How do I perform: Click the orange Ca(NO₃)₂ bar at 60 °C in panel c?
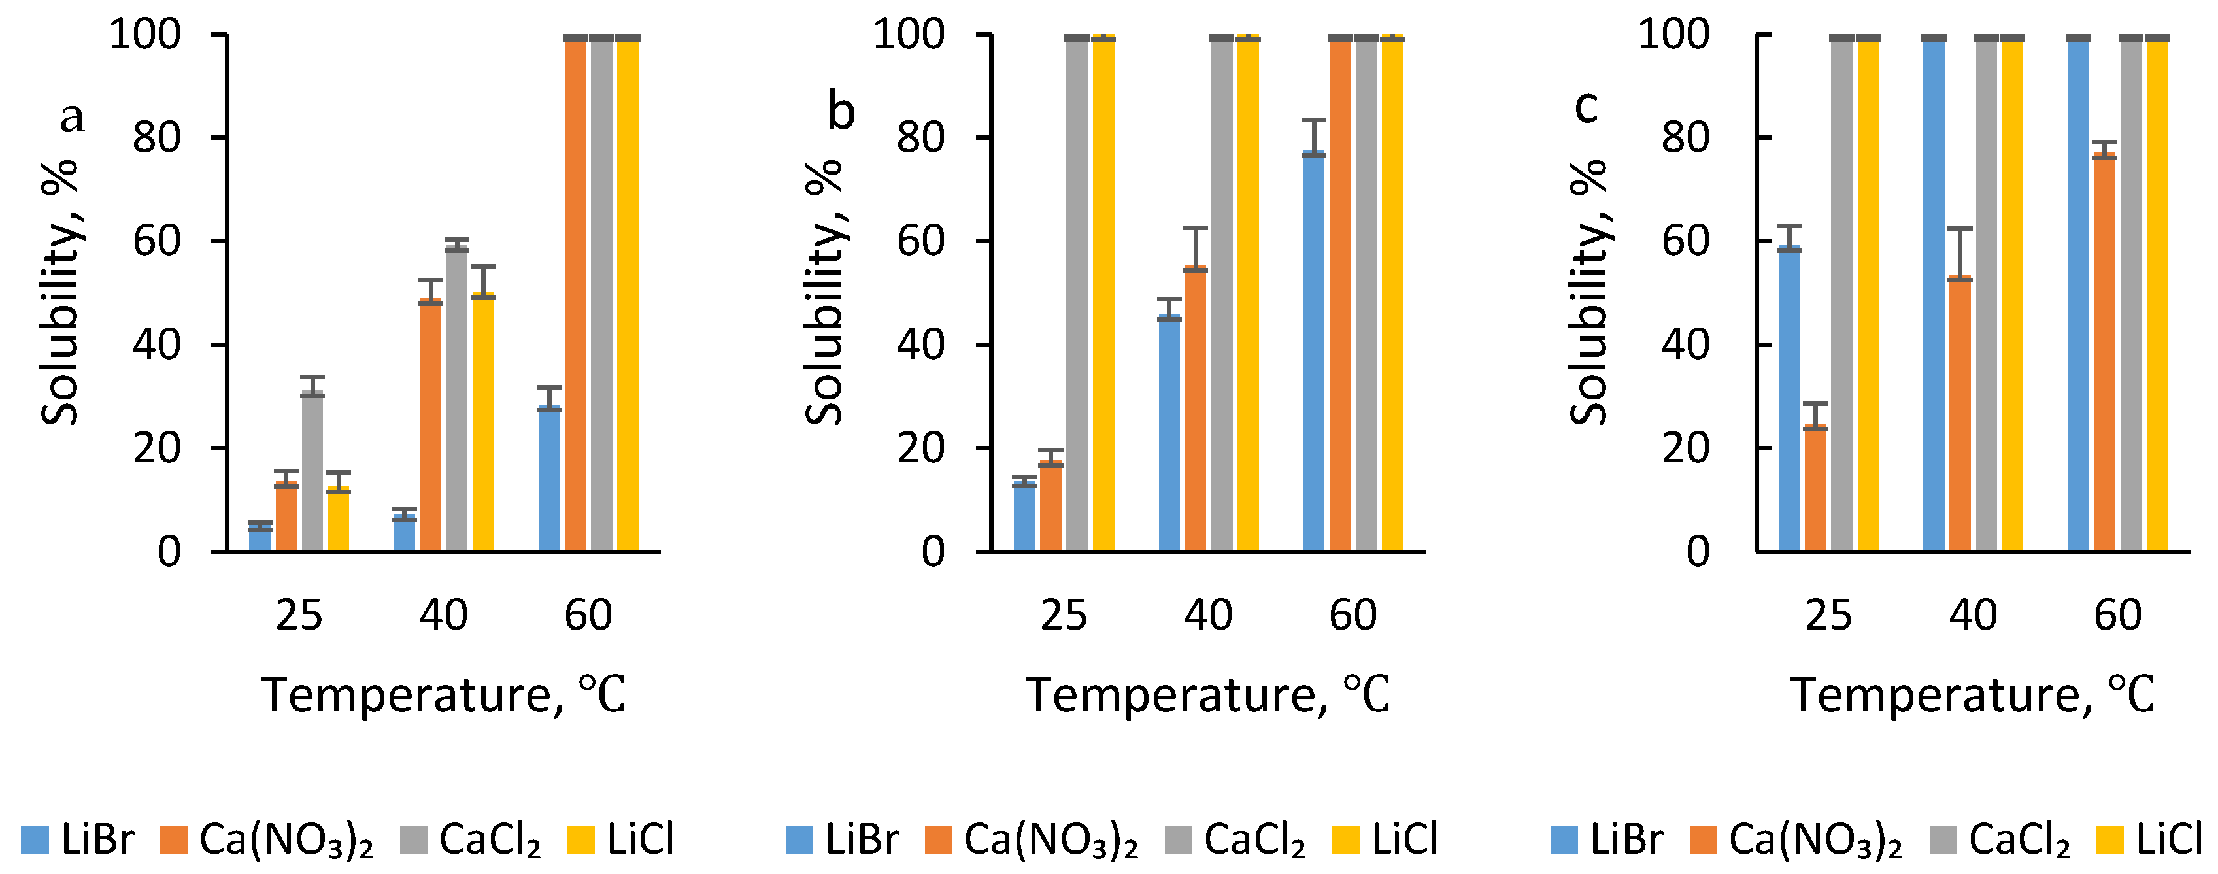[2104, 353]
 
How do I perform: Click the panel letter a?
[73, 116]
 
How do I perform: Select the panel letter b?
[841, 112]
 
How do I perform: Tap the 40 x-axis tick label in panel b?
[1208, 616]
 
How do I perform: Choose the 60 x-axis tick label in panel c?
[2117, 616]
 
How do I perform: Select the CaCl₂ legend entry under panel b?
[1235, 839]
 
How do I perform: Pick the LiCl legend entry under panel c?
[2149, 839]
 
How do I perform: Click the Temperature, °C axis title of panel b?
[1207, 695]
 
